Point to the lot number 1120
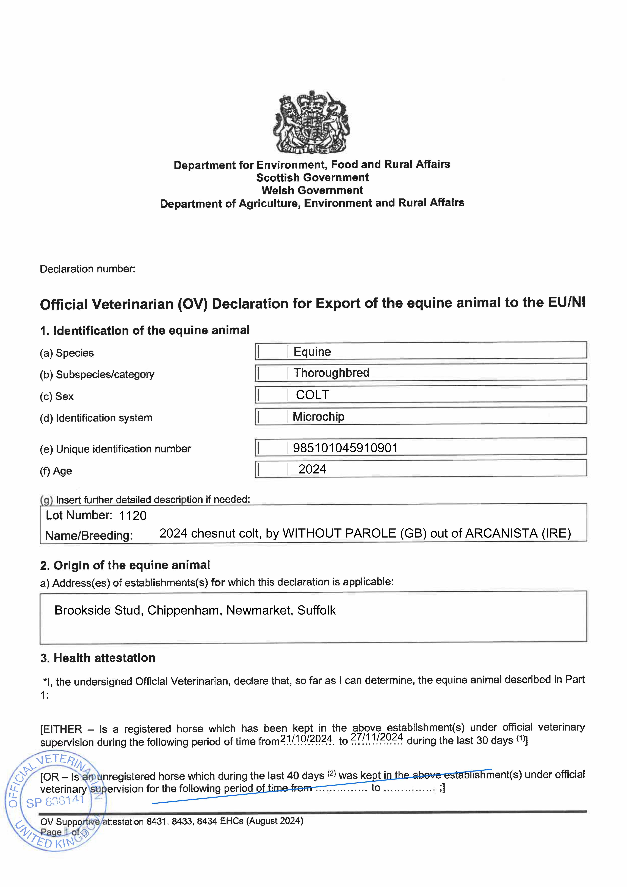click(x=132, y=516)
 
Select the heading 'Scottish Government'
click(x=312, y=178)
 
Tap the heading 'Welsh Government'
click(x=312, y=191)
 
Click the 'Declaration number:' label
click(x=88, y=269)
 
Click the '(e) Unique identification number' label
click(x=115, y=449)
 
